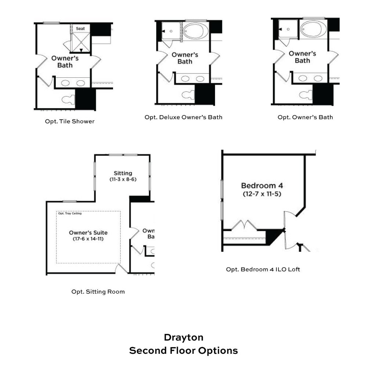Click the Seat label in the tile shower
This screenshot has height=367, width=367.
click(x=80, y=29)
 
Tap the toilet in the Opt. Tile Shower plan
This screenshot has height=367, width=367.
click(x=68, y=100)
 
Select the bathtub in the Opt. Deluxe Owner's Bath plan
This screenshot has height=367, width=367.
click(x=196, y=31)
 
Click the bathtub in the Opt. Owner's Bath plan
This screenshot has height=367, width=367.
click(x=313, y=29)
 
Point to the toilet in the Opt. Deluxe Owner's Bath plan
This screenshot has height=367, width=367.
click(x=188, y=95)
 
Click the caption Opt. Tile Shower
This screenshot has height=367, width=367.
click(x=70, y=121)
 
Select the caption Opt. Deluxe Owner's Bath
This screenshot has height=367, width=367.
click(x=183, y=117)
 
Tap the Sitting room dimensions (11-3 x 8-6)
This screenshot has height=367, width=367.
click(x=123, y=179)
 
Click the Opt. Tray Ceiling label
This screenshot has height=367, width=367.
click(x=70, y=214)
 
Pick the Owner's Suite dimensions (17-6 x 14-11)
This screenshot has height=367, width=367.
click(x=88, y=239)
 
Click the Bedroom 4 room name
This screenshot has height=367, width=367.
click(x=262, y=186)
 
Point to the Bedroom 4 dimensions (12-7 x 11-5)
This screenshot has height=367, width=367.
click(x=262, y=194)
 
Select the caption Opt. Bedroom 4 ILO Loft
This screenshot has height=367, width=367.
click(x=263, y=269)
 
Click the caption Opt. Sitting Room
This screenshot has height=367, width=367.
click(x=98, y=292)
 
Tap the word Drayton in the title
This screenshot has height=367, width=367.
click(x=183, y=338)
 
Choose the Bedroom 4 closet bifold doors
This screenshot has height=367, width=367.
click(x=244, y=225)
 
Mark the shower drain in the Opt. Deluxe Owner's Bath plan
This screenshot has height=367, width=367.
click(x=171, y=31)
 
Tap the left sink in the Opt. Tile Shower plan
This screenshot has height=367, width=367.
click(x=65, y=83)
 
